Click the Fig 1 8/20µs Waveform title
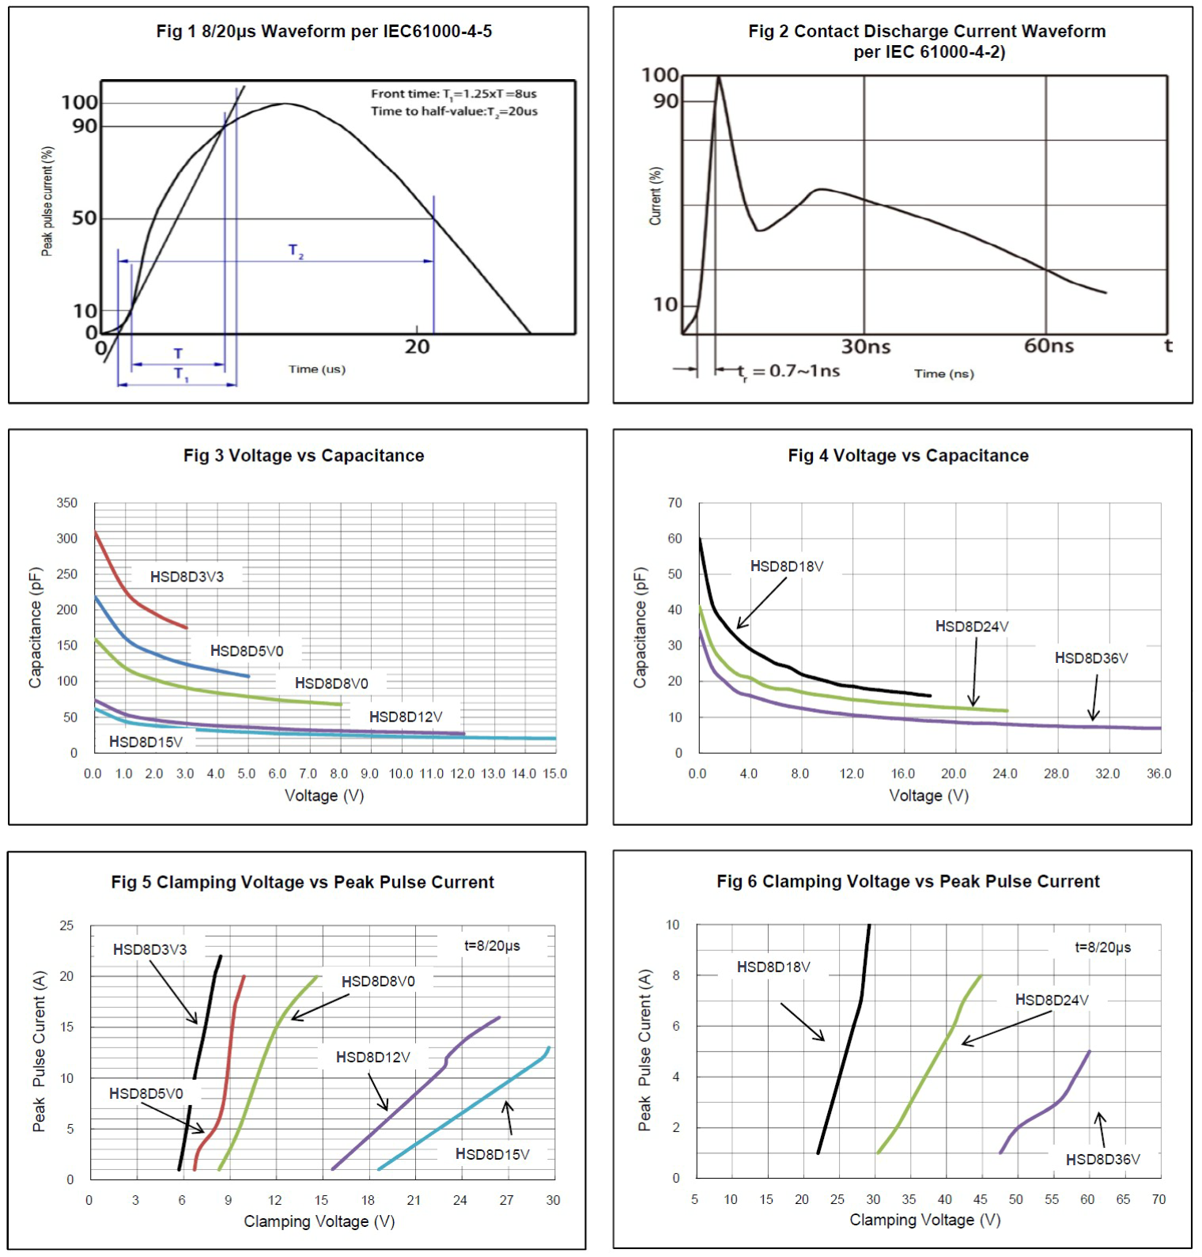coord(323,32)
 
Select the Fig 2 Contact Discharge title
coord(927,41)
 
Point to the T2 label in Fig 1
coord(296,251)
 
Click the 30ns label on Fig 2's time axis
coord(865,346)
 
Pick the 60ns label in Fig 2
coord(1049,346)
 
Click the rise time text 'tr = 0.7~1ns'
coord(788,371)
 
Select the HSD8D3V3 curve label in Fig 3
coord(187,577)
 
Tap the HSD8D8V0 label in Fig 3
coord(331,683)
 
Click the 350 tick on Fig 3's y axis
coord(67,503)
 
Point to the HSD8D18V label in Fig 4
coord(787,566)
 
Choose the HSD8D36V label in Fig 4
coord(1091,658)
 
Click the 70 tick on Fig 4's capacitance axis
coord(675,503)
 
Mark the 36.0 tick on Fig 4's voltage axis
coord(1159,774)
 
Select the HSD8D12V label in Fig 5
coord(373,1058)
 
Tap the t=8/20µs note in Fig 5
coord(492,946)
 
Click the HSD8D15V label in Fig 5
coord(492,1155)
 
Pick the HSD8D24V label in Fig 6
coord(1052,1000)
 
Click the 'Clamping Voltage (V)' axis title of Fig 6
coord(925,1221)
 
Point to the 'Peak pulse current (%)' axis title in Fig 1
coord(47,202)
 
